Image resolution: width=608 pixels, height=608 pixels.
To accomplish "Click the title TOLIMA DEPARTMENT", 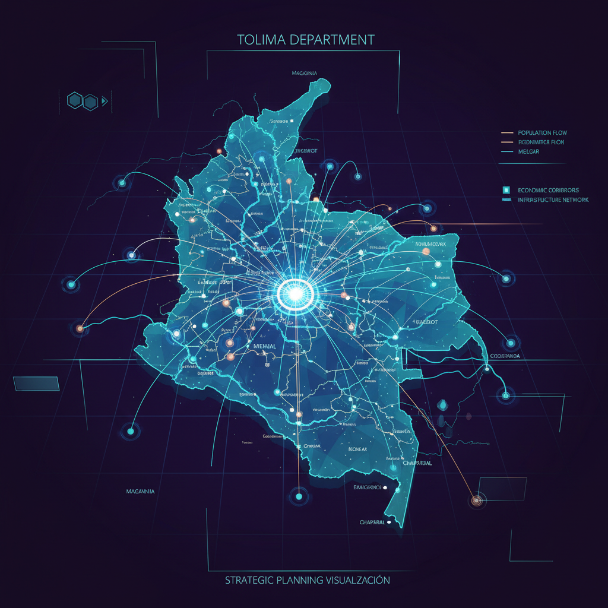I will click(x=306, y=40).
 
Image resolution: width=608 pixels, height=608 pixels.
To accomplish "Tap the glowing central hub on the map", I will click(x=295, y=292).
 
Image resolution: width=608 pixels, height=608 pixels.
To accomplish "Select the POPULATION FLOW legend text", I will click(x=542, y=132).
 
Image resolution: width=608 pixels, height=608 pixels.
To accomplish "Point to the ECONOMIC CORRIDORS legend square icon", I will click(x=506, y=189).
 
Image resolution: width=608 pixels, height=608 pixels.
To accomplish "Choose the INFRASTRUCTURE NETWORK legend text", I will click(x=553, y=200).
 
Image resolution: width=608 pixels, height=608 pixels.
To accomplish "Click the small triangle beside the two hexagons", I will click(x=104, y=102).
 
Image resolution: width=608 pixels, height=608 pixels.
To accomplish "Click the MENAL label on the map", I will click(x=265, y=346).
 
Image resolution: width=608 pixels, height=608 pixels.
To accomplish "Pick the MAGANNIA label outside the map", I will click(x=141, y=491).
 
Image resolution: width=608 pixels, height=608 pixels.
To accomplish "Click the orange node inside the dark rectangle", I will click(x=476, y=501).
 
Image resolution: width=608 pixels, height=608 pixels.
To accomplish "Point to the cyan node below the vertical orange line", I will click(x=299, y=496).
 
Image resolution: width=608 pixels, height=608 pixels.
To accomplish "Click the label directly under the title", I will click(x=305, y=74).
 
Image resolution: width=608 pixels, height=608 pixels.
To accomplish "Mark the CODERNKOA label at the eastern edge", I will click(x=505, y=356).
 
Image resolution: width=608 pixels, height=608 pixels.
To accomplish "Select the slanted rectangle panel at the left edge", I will click(x=36, y=384).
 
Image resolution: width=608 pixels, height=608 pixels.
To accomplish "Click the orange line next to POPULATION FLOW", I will click(x=507, y=132).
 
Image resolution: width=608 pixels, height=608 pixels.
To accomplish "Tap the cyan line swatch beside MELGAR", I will click(x=507, y=151).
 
